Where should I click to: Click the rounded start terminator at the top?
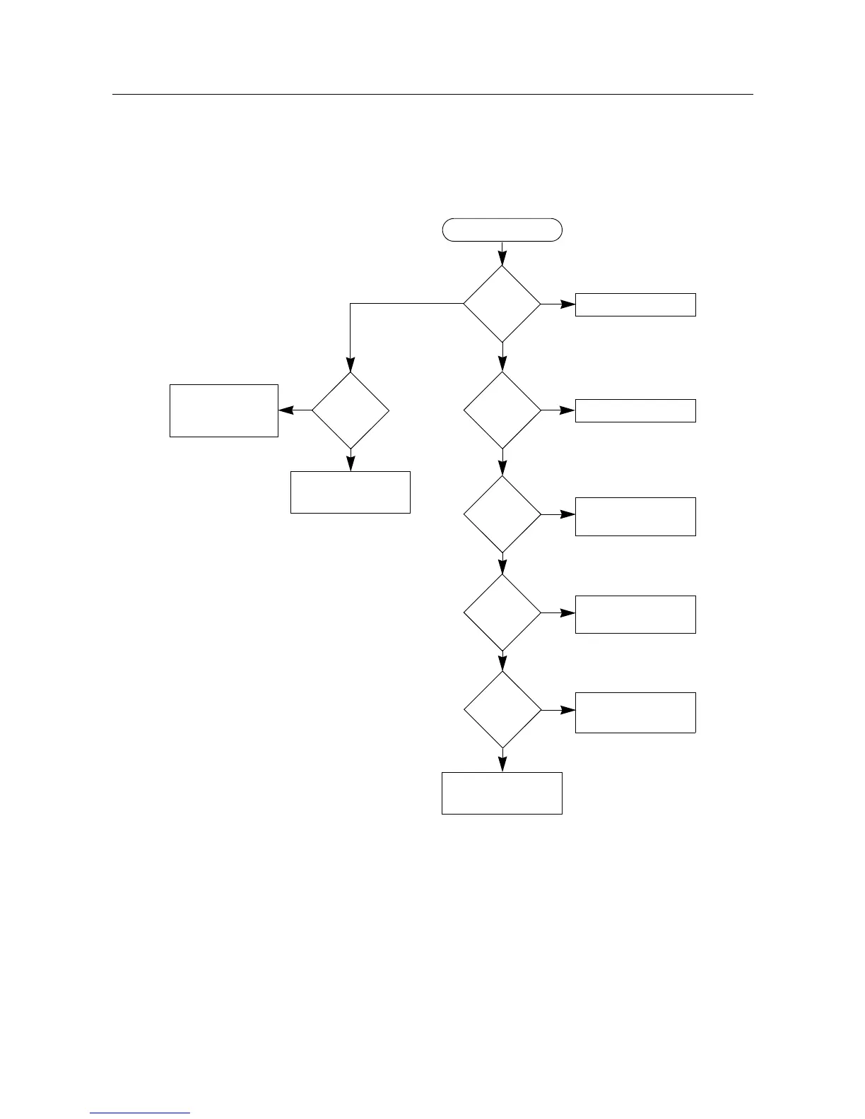coord(502,230)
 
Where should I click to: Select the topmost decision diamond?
coord(502,304)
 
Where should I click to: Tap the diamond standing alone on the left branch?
coord(351,410)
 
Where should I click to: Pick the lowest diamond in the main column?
coord(502,709)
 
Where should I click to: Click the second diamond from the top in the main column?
coord(502,410)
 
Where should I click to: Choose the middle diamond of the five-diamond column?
coord(502,514)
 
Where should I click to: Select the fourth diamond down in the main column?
coord(502,612)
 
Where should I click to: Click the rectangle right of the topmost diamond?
coord(635,304)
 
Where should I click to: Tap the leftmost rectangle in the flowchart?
coord(224,410)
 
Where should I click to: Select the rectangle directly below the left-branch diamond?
coord(351,492)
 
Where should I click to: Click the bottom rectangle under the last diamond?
coord(502,793)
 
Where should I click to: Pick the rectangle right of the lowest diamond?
coord(635,712)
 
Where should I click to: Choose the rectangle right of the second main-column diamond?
coord(635,410)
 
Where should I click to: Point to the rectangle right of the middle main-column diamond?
coord(635,516)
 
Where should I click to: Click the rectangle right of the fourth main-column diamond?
coord(635,614)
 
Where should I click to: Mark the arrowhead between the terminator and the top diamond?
coord(502,258)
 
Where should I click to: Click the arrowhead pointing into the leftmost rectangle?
coord(286,410)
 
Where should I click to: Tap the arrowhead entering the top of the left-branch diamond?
coord(351,365)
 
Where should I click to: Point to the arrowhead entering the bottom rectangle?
coord(502,764)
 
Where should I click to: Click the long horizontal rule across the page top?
coord(432,94)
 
